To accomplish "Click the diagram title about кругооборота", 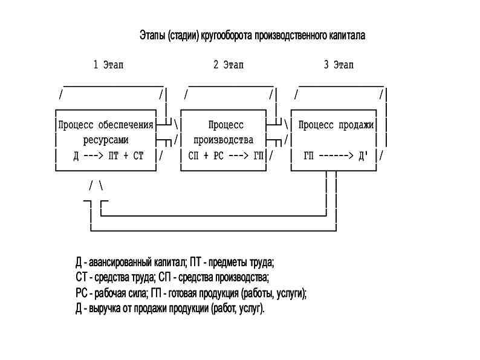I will [x=253, y=36].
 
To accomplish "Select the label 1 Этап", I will [x=109, y=65].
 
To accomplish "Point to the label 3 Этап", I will [x=339, y=65].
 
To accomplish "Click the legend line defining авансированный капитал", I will [x=175, y=263].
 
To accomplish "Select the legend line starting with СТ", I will [x=172, y=278].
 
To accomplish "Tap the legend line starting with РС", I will [x=191, y=293].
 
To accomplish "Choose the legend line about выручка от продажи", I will [x=170, y=309].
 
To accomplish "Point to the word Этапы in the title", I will [x=151, y=36].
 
